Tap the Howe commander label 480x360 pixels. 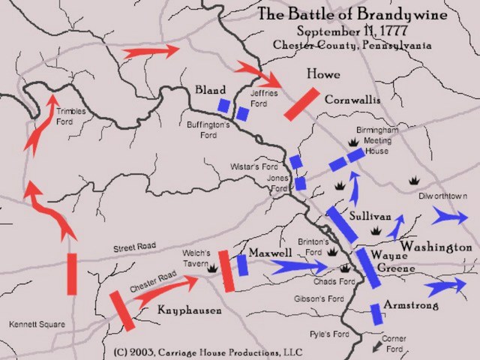click(x=323, y=75)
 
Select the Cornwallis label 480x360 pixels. click(x=352, y=100)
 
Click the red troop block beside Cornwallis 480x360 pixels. click(x=301, y=103)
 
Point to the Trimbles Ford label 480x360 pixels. click(x=71, y=116)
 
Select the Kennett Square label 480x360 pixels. click(x=37, y=325)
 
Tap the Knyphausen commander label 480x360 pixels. click(x=190, y=310)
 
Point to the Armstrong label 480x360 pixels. click(x=410, y=306)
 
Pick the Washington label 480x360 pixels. click(x=436, y=247)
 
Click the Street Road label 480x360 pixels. click(x=136, y=248)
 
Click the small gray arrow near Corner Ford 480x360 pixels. click(x=376, y=346)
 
